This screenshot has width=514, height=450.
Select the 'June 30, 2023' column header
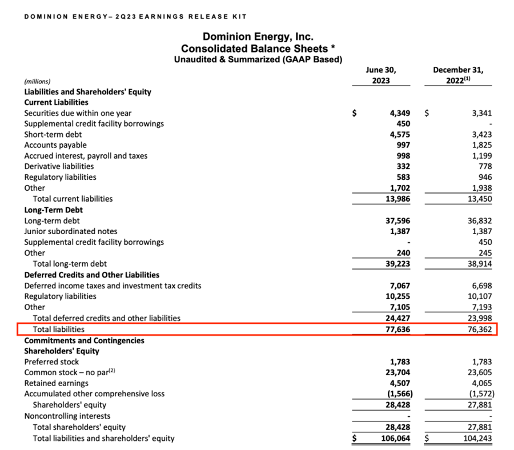tap(381, 75)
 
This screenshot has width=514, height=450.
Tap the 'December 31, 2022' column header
tap(459, 75)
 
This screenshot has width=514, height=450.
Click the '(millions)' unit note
tap(42, 81)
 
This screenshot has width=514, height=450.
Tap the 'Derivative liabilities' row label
tap(59, 166)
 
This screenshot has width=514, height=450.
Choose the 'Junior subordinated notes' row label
tap(71, 231)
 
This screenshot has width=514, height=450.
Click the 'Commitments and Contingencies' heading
tap(84, 340)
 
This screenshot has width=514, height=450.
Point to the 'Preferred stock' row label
tap(51, 361)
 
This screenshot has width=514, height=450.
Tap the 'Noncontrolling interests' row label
tap(67, 416)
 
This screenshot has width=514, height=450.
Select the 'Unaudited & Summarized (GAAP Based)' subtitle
tap(258, 59)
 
